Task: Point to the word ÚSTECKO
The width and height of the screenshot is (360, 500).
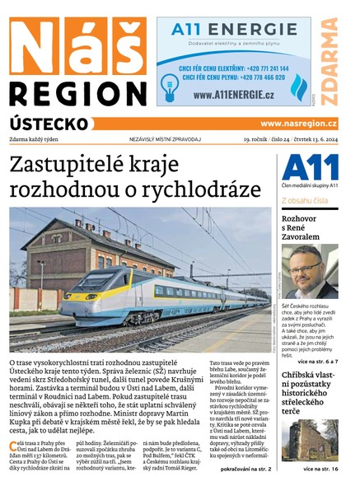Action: pyautogui.click(x=49, y=123)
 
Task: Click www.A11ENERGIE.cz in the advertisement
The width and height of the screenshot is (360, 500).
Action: pyautogui.click(x=234, y=96)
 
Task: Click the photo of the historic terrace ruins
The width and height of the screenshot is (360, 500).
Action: pyautogui.click(x=309, y=441)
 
